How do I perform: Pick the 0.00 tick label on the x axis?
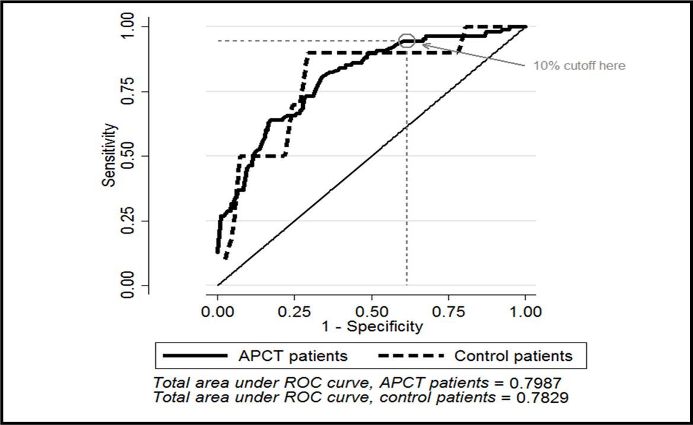pos(218,312)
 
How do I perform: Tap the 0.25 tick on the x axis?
pos(295,312)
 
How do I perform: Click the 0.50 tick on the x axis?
pos(372,312)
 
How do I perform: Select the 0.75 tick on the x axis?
pos(449,312)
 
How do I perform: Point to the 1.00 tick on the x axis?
pos(525,312)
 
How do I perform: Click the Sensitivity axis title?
pos(109,155)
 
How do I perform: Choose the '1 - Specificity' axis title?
pos(372,326)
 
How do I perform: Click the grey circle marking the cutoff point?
pos(407,40)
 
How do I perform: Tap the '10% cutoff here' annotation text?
pos(579,66)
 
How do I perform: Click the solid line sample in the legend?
pos(196,356)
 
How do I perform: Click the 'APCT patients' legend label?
pos(292,356)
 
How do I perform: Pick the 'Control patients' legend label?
pos(513,356)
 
